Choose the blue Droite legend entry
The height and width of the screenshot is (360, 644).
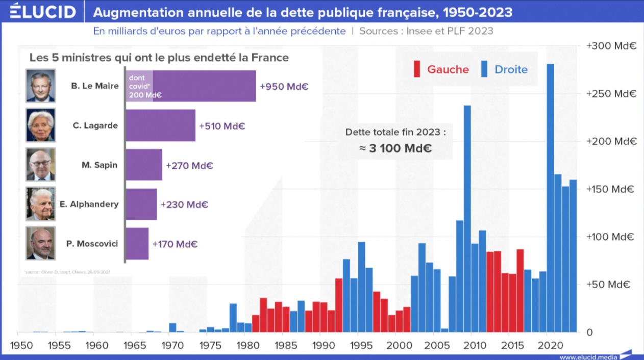pyautogui.click(x=504, y=69)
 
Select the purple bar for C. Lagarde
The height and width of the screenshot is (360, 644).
pyautogui.click(x=160, y=125)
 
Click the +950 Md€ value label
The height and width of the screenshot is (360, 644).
pyautogui.click(x=284, y=87)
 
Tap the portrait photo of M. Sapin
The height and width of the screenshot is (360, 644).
pyautogui.click(x=40, y=165)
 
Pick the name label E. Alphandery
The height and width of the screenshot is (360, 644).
pyautogui.click(x=89, y=204)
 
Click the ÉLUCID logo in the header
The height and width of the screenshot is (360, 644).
pyautogui.click(x=42, y=12)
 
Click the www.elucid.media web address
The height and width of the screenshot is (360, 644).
pyautogui.click(x=588, y=356)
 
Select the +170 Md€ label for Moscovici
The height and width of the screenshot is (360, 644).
pyautogui.click(x=175, y=244)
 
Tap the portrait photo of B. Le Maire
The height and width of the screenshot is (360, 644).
pyautogui.click(x=40, y=86)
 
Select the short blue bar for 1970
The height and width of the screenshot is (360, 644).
pyautogui.click(x=172, y=327)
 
